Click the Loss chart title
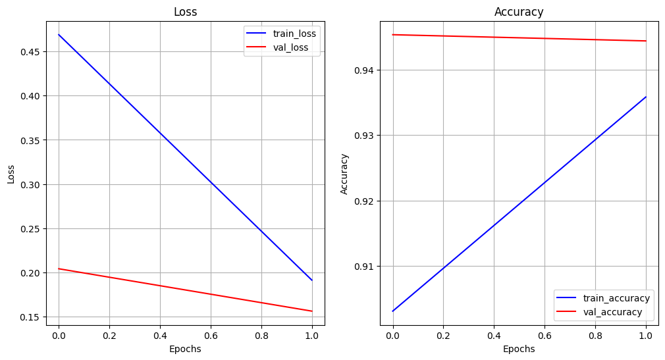[x=185, y=12]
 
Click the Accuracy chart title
[x=519, y=12]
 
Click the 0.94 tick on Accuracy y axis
[x=365, y=70]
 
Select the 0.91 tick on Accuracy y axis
[x=365, y=267]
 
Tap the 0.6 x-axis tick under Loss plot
[x=211, y=336]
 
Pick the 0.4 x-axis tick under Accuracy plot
[x=494, y=336]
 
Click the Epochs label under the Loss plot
[x=185, y=349]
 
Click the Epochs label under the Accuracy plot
[x=519, y=349]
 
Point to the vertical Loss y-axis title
[x=11, y=174]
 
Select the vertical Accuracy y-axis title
[x=344, y=174]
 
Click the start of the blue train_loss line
[x=59, y=34]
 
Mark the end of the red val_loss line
[x=312, y=311]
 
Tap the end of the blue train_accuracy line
[x=646, y=97]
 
